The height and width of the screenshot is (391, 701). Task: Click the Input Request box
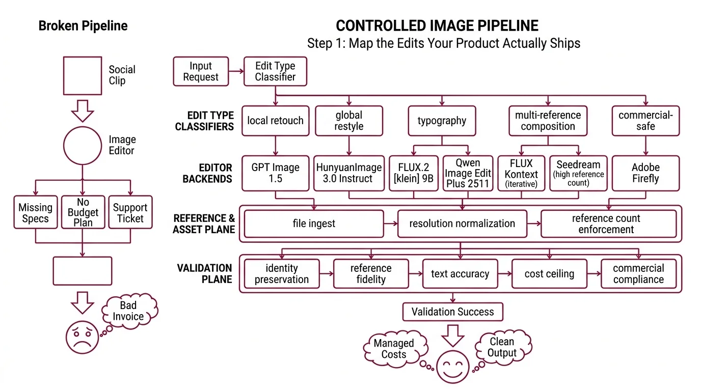point(201,71)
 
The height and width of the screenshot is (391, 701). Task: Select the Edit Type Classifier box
point(275,71)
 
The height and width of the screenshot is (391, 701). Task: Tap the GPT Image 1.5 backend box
point(275,173)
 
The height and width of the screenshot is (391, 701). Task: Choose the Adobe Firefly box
point(645,173)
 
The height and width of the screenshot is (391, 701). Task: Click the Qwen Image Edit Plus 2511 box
point(468,173)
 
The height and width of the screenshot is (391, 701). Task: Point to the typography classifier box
point(442,121)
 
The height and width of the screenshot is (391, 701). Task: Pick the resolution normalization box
point(462,224)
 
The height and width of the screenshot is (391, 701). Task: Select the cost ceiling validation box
point(549,274)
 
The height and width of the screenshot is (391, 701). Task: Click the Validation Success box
point(452,312)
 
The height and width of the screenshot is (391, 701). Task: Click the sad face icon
point(82,337)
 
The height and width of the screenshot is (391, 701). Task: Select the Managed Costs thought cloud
point(394,349)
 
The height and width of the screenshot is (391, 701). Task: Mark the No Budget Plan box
point(83,212)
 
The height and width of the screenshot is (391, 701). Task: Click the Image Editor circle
point(83,145)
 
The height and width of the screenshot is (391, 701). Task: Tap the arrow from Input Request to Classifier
point(235,71)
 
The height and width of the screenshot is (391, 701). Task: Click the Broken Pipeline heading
point(83,26)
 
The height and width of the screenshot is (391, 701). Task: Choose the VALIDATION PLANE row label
point(204,273)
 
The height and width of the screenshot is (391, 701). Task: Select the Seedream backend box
point(578,173)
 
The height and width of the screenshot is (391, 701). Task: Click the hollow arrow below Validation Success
point(452,335)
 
